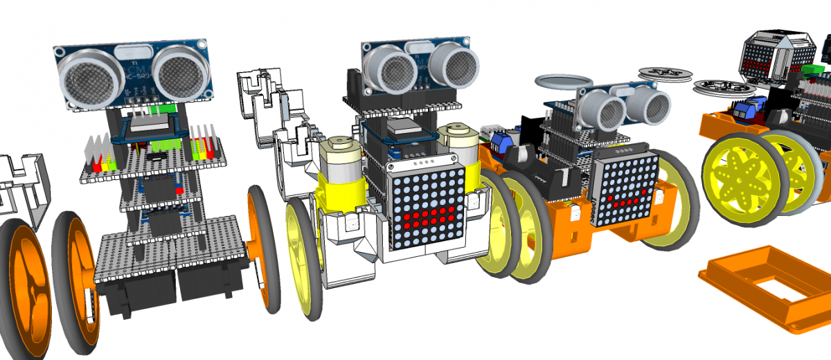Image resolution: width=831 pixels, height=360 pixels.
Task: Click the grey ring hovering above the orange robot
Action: point(557,82)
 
